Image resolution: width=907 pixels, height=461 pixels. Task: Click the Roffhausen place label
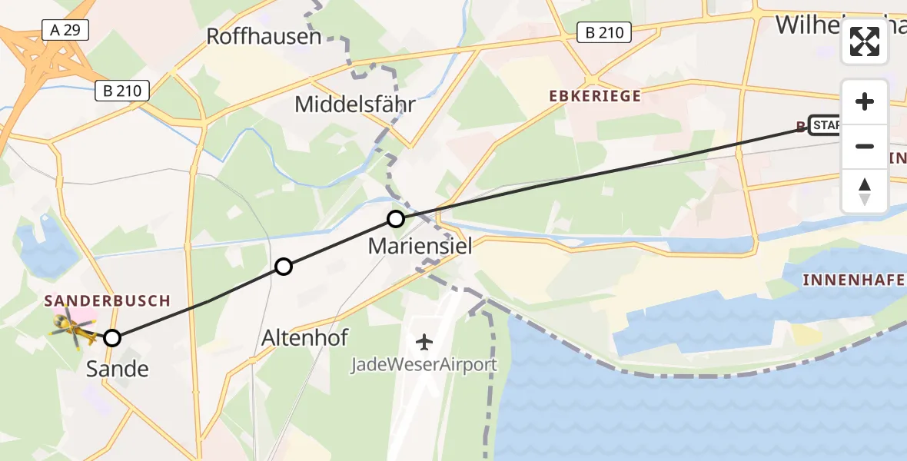pyautogui.click(x=264, y=36)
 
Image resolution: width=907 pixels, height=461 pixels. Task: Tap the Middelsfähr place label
pyautogui.click(x=354, y=104)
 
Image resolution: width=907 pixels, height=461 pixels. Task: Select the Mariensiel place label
pyautogui.click(x=420, y=247)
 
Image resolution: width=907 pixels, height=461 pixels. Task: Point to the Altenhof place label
pyautogui.click(x=304, y=337)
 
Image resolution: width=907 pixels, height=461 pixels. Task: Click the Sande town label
pyautogui.click(x=117, y=369)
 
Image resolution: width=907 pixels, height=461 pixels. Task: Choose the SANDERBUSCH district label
pyautogui.click(x=107, y=300)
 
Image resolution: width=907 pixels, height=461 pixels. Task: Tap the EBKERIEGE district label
pyautogui.click(x=594, y=96)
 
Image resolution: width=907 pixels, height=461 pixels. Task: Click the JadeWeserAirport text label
pyautogui.click(x=424, y=364)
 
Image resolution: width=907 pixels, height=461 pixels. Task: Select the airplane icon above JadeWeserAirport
pyautogui.click(x=423, y=341)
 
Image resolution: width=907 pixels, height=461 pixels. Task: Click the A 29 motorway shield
pyautogui.click(x=66, y=31)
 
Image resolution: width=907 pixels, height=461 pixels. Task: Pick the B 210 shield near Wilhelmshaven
pyautogui.click(x=604, y=32)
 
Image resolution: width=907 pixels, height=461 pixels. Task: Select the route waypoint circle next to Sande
pyautogui.click(x=112, y=338)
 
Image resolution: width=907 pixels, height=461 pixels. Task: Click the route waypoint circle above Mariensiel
pyautogui.click(x=395, y=219)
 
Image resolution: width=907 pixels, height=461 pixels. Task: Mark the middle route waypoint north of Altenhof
pyautogui.click(x=284, y=267)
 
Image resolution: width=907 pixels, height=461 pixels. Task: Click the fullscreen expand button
pyautogui.click(x=865, y=41)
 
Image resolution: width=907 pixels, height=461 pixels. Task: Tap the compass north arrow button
pyautogui.click(x=865, y=191)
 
